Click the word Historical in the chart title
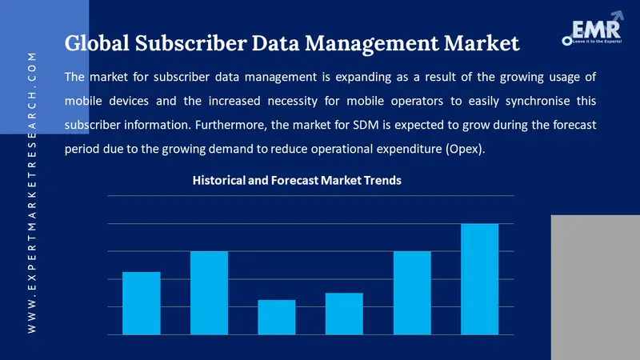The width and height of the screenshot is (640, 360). pos(219,181)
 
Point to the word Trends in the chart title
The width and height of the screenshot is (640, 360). pos(382,181)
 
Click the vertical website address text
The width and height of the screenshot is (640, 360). pos(32,192)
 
